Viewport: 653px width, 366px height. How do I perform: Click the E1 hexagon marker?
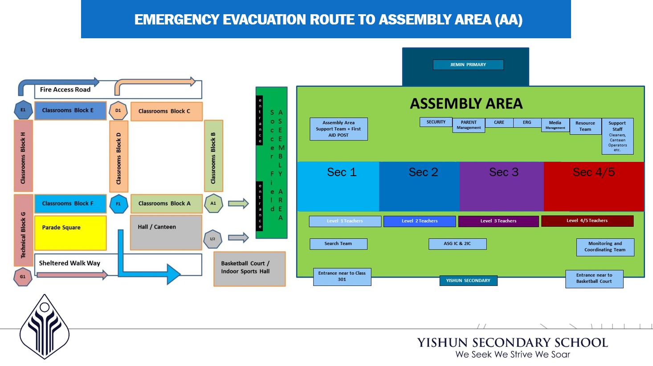tap(23, 110)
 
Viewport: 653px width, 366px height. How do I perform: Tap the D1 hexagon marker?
tap(118, 111)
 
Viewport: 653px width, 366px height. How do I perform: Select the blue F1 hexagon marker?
tap(118, 204)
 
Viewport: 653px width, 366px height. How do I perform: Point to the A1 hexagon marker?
tap(213, 203)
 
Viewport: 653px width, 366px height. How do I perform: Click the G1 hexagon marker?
tap(23, 277)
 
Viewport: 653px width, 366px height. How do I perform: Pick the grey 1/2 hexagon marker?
tap(212, 239)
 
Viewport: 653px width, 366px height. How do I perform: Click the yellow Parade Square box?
tap(70, 233)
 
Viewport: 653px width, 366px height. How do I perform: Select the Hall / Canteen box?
tap(166, 233)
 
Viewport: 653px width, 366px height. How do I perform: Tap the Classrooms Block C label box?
tap(167, 111)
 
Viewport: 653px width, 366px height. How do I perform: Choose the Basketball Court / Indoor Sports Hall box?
tap(249, 269)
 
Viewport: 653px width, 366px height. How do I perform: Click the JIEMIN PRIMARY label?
tap(468, 64)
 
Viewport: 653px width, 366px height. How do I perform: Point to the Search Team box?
tap(339, 244)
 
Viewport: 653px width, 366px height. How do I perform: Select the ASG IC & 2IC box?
tap(457, 244)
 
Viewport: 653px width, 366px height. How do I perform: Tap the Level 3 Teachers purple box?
tap(498, 221)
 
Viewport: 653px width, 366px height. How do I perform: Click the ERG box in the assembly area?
tap(527, 122)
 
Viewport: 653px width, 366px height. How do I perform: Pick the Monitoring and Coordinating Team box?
tap(605, 247)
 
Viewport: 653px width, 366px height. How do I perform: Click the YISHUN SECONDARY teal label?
tap(468, 281)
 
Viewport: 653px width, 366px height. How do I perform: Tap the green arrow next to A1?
tap(238, 203)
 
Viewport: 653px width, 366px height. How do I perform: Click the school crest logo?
tap(45, 327)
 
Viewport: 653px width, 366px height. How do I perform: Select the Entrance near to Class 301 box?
tap(342, 277)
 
